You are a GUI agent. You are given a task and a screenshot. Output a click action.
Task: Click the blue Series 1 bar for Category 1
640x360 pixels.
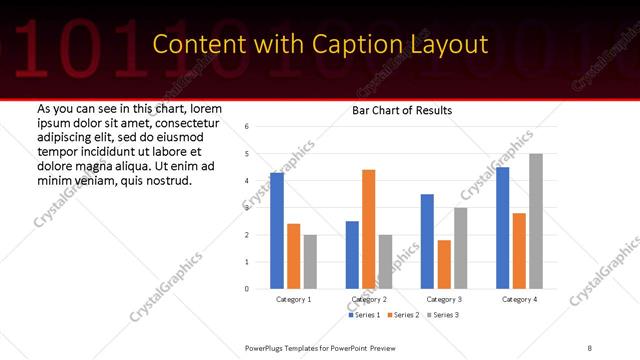click(x=277, y=231)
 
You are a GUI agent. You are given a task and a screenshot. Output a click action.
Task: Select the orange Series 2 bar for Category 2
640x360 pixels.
click(x=369, y=229)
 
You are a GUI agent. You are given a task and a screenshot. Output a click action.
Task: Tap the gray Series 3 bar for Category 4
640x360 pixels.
click(x=536, y=221)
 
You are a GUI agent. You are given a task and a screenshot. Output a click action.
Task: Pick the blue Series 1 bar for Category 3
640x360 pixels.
click(x=428, y=241)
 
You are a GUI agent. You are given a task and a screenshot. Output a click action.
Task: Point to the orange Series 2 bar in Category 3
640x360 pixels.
click(x=444, y=264)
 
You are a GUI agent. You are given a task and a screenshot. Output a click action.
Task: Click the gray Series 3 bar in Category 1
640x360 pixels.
click(x=310, y=262)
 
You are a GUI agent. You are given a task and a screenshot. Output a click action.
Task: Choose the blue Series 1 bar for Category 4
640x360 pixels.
click(x=503, y=228)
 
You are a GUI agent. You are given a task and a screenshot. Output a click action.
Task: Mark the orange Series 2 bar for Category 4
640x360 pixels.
click(x=519, y=251)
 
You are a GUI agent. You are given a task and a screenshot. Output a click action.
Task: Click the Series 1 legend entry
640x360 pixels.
click(x=363, y=316)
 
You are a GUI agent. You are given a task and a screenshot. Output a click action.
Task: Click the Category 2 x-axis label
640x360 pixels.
click(x=368, y=299)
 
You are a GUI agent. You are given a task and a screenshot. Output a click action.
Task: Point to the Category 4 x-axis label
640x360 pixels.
click(x=519, y=299)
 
